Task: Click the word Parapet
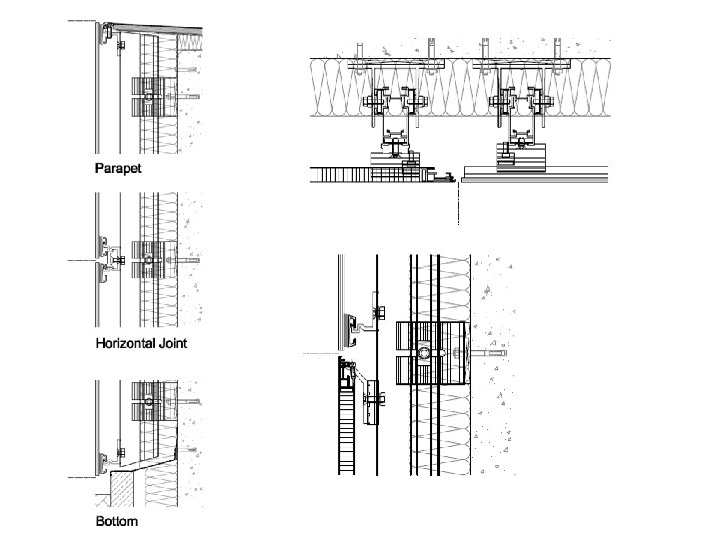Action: [x=118, y=167]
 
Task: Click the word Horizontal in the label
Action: [x=126, y=343]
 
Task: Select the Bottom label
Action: [x=116, y=521]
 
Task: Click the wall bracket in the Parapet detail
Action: [x=150, y=94]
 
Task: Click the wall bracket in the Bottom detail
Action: [x=150, y=403]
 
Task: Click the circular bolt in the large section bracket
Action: [x=424, y=354]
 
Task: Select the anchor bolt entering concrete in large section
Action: [x=489, y=354]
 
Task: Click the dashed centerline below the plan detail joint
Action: [x=458, y=205]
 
